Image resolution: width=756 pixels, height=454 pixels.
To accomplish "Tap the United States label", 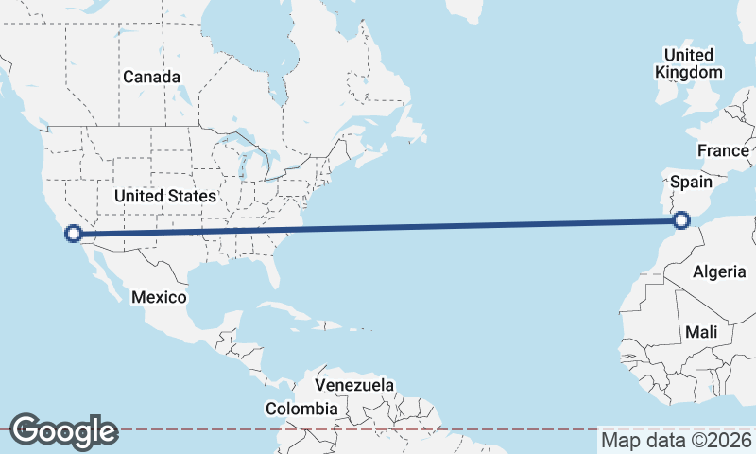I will click(165, 196).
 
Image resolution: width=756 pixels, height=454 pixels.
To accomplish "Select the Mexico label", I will click(159, 297).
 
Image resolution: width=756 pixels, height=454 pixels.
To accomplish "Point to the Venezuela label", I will click(354, 386).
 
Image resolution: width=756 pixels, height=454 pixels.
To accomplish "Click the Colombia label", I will click(301, 409).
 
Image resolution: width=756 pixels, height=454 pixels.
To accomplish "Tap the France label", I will click(723, 150).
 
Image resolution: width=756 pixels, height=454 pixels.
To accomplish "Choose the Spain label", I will click(691, 181).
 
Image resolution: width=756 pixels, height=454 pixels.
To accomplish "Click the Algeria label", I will click(719, 272).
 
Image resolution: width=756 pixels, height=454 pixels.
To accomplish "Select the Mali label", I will click(702, 332).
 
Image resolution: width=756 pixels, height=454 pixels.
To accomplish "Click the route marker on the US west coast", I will click(73, 233).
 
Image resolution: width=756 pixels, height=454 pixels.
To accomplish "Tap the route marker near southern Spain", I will click(681, 221).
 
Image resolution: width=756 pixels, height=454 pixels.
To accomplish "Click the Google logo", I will click(63, 431).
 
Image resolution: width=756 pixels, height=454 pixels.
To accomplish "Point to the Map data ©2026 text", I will click(677, 440).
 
